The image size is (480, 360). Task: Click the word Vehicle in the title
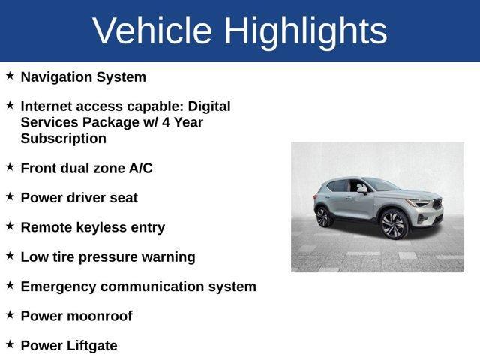(x=152, y=31)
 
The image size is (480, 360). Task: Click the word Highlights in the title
(x=305, y=31)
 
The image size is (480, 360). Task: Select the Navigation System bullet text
(x=83, y=77)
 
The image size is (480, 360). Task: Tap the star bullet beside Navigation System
(x=10, y=76)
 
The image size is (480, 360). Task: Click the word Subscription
(x=64, y=139)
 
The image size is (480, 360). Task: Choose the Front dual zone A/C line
(x=86, y=168)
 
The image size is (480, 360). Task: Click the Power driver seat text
(x=79, y=198)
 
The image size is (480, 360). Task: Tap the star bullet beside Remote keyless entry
(x=10, y=226)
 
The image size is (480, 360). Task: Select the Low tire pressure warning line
(x=107, y=257)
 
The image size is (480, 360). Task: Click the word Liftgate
(x=91, y=346)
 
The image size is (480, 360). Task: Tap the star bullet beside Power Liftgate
(x=10, y=344)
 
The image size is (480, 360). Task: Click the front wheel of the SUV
(x=393, y=223)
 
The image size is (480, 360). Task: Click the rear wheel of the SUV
(x=323, y=217)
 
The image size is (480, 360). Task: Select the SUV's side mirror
(x=363, y=190)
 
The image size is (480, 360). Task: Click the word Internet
(x=49, y=106)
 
